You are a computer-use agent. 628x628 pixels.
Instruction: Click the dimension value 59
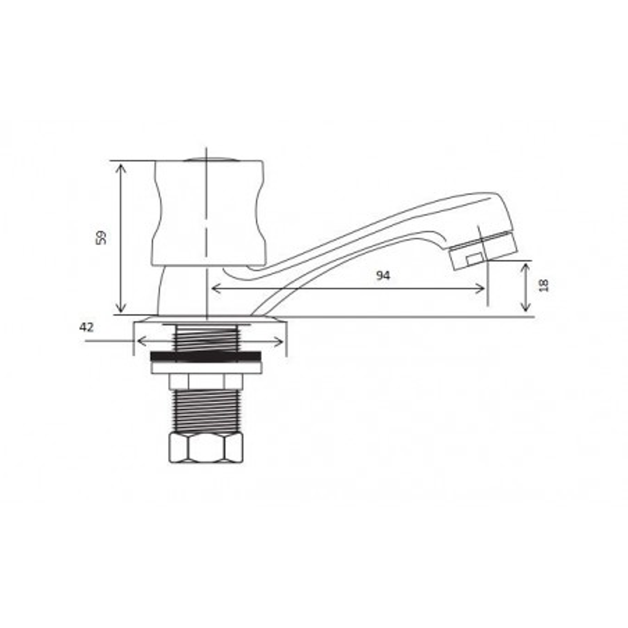[x=101, y=237]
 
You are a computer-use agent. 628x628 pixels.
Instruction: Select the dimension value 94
[x=383, y=275]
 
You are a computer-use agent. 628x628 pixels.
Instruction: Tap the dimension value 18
[x=544, y=285]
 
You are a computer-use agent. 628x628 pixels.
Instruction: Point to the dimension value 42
[x=86, y=327]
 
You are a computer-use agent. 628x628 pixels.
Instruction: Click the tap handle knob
[x=208, y=212]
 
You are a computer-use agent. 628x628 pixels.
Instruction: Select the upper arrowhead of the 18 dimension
[x=526, y=266]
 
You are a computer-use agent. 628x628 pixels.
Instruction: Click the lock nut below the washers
[x=204, y=381]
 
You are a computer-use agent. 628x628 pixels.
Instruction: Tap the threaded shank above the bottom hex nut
[x=205, y=410]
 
